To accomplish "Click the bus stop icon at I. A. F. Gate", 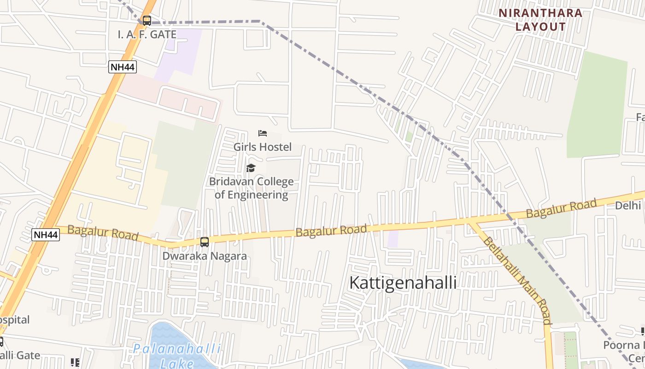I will coord(147,21).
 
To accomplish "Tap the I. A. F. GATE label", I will coord(147,35).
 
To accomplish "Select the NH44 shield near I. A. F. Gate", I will coord(123,67).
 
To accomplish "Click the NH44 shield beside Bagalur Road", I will coord(46,235).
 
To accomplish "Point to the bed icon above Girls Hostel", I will coord(263,134).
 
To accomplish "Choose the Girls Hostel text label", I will coord(263,147).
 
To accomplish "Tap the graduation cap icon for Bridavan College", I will coord(251,168).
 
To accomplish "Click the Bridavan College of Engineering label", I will coord(252,188).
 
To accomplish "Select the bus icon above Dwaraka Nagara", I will coord(205,242).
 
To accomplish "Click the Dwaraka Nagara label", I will coord(205,256).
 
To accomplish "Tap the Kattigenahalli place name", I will coord(403,283).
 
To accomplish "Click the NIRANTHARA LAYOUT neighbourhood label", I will coord(540,20).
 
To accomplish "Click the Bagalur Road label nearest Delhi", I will coord(562,208).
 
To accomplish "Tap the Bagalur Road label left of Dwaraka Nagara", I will coord(103,232).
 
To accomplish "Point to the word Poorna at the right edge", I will coord(624,345).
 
